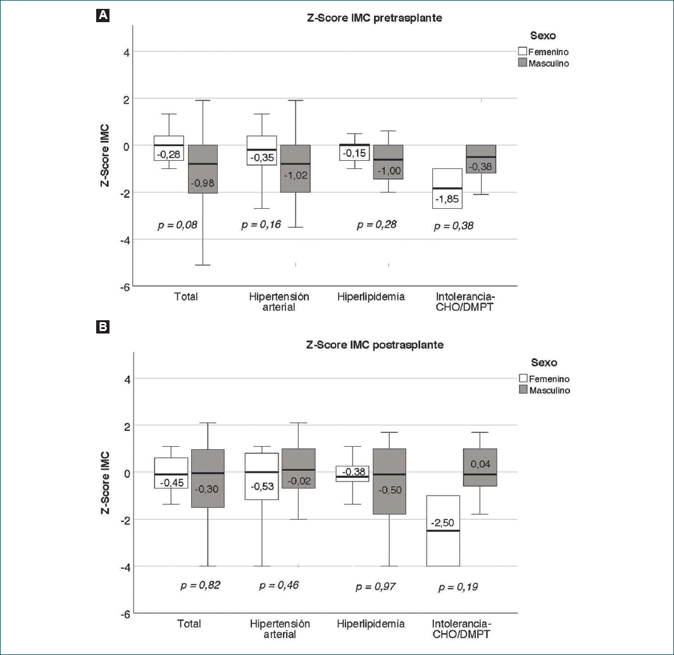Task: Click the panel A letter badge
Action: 101,16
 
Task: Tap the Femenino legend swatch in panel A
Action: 523,51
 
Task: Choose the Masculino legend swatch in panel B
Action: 523,390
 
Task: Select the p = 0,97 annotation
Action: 376,587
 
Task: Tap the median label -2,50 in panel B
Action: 442,523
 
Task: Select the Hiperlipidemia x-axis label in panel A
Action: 371,296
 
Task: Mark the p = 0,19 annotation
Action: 458,587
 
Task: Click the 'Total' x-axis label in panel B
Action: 189,624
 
